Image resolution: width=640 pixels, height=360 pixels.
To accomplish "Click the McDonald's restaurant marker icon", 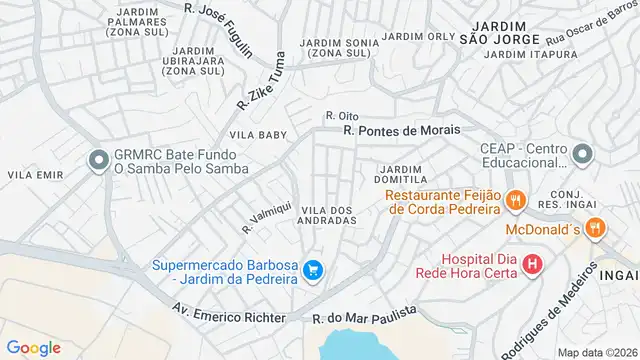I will [x=595, y=228].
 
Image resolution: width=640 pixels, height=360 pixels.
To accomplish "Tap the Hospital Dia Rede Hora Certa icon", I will [x=532, y=265].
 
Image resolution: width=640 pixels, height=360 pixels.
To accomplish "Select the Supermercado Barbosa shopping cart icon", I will [x=313, y=270].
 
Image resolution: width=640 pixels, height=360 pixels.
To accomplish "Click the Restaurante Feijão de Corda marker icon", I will [x=516, y=200].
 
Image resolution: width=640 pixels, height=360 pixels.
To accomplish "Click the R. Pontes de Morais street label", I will [x=401, y=130].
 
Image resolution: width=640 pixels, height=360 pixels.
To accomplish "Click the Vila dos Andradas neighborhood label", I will [x=327, y=214].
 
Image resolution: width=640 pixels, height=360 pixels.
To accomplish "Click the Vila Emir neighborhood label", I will [x=29, y=175].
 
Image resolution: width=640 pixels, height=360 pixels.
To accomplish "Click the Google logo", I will [x=34, y=347].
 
